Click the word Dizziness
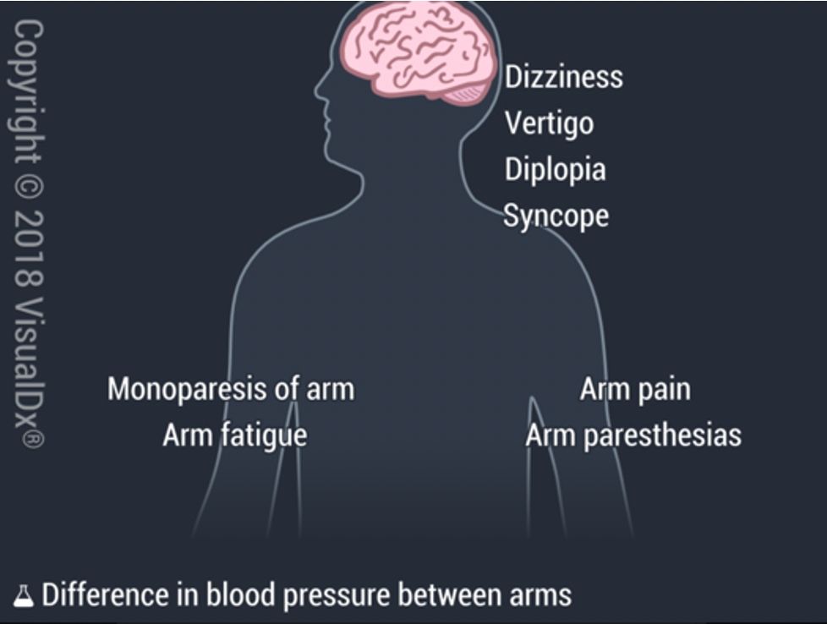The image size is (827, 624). (564, 77)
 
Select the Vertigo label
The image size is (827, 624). (549, 124)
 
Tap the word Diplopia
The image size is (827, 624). (555, 170)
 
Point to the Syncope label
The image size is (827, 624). (556, 216)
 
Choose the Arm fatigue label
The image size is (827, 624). (235, 435)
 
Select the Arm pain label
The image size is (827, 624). (635, 389)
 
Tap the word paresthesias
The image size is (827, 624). (662, 435)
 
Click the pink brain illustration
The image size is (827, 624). (419, 50)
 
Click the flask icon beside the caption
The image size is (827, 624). (23, 596)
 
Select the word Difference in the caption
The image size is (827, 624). (106, 595)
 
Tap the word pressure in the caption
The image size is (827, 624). (337, 597)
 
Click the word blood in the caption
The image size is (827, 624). (241, 595)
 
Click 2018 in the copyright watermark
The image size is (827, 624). (28, 249)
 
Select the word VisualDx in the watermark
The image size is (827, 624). (28, 373)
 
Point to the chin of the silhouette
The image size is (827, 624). (329, 154)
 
